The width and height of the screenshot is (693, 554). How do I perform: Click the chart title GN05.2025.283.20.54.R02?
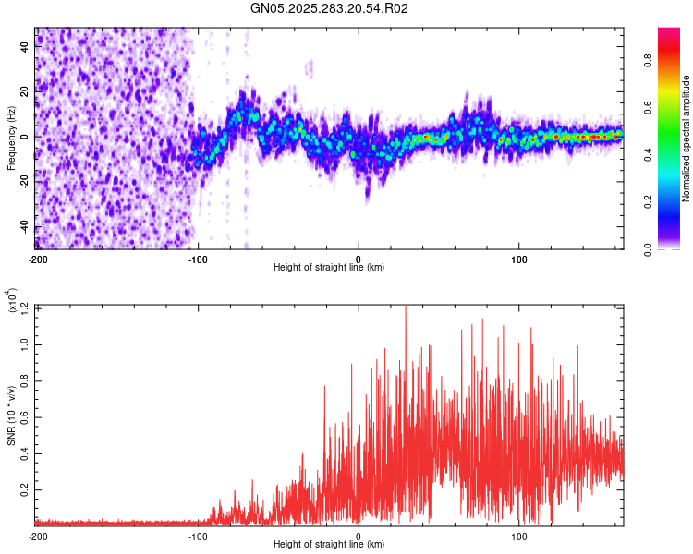pos(330,8)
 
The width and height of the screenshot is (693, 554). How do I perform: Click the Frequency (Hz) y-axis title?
pos(10,138)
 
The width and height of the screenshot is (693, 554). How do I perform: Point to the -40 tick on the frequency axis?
pos(26,227)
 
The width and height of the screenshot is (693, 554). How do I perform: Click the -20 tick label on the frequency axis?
pos(26,182)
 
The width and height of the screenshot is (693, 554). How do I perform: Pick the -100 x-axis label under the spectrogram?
pos(198,259)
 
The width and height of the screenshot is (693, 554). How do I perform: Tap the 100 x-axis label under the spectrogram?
pos(519,259)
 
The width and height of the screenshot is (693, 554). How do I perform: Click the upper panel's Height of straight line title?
pos(330,268)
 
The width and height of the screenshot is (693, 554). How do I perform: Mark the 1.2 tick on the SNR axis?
pos(27,307)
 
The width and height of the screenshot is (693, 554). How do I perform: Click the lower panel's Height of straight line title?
pos(330,545)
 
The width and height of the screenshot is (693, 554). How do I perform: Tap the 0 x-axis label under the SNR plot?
pos(359,536)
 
